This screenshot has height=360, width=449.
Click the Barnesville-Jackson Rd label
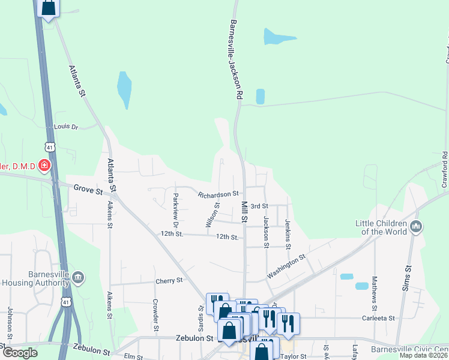235,59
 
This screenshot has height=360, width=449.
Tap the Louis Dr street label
66,127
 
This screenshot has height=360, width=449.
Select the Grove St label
85,188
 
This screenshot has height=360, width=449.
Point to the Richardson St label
219,194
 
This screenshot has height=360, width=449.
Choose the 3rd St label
259,206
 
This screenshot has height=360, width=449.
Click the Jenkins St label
288,234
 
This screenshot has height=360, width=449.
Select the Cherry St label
169,280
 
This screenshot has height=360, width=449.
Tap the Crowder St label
155,315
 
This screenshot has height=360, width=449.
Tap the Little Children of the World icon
416,227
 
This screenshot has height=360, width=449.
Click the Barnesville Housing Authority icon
79,277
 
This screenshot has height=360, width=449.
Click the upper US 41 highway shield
49,146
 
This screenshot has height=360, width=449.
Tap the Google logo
20,352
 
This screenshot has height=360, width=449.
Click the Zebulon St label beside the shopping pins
195,338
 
